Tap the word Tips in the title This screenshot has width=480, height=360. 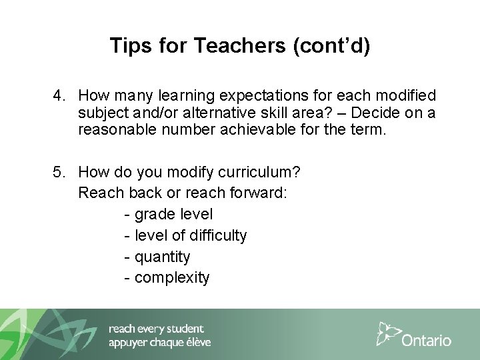[127, 46]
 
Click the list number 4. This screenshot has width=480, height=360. [58, 96]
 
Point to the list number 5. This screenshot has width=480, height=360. [58, 173]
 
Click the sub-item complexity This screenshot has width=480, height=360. [172, 277]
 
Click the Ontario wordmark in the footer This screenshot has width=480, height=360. [427, 340]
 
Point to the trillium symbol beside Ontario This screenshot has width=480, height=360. [389, 333]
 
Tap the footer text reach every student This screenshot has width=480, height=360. [156, 329]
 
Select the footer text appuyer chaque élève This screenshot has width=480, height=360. [159, 343]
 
